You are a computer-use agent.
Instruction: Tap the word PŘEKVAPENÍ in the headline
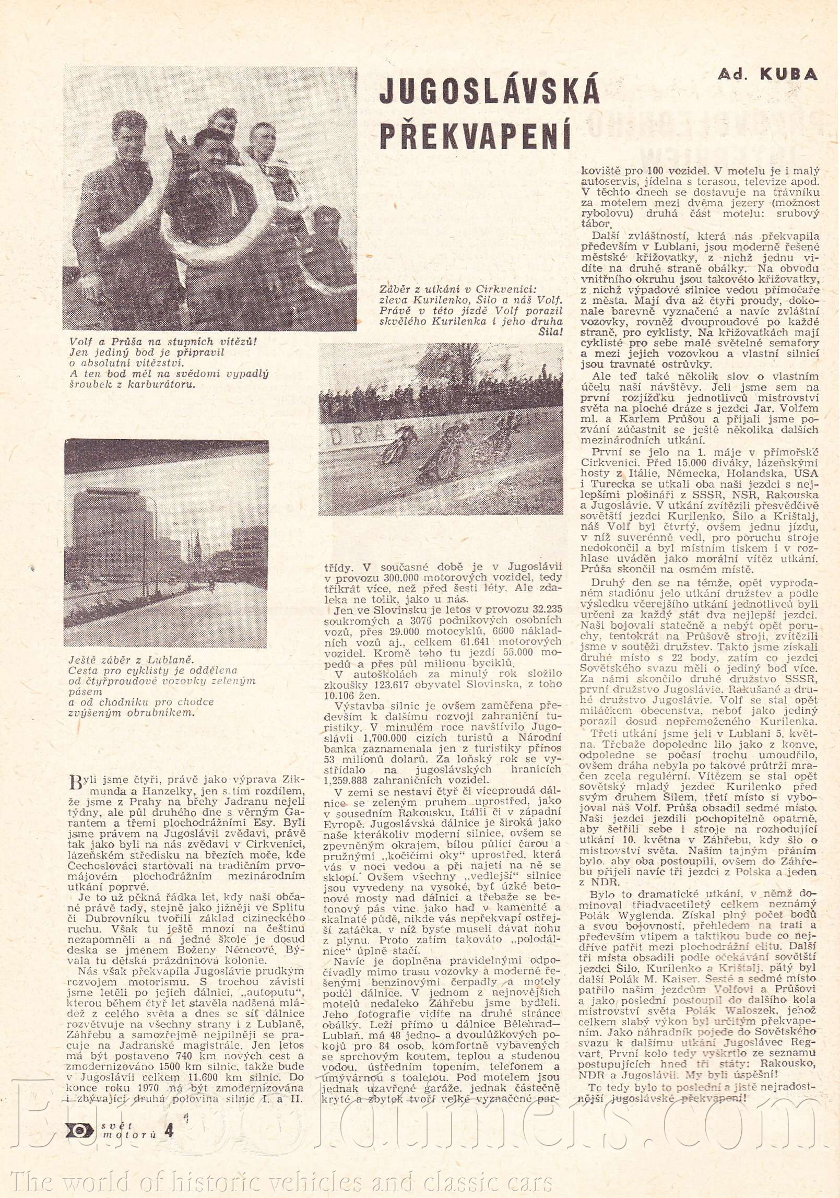[x=474, y=134]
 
